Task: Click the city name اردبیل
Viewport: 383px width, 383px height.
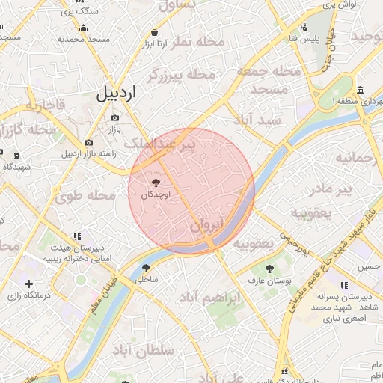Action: coord(117,94)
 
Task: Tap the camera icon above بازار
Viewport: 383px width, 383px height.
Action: coord(114,117)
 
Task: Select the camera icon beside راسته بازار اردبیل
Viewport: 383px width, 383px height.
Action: coord(88,143)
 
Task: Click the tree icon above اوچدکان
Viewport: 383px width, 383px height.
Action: coord(156,183)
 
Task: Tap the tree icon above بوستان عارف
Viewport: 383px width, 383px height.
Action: coord(268,269)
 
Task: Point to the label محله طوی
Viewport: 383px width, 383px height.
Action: coord(85,196)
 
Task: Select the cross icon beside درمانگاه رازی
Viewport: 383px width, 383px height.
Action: coord(28,284)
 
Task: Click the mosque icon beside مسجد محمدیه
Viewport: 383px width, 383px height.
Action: coord(86,38)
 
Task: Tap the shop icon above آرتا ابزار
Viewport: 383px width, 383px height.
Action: coord(154,33)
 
